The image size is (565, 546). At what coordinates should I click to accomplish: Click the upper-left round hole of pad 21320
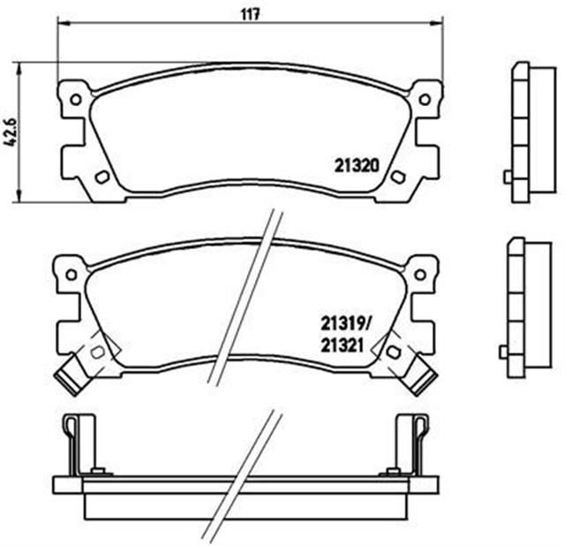click(75, 99)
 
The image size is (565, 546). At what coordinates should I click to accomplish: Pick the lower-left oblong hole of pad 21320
click(99, 178)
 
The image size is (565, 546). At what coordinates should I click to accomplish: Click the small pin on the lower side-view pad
click(504, 351)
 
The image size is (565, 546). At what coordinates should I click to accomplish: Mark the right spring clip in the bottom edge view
click(418, 442)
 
